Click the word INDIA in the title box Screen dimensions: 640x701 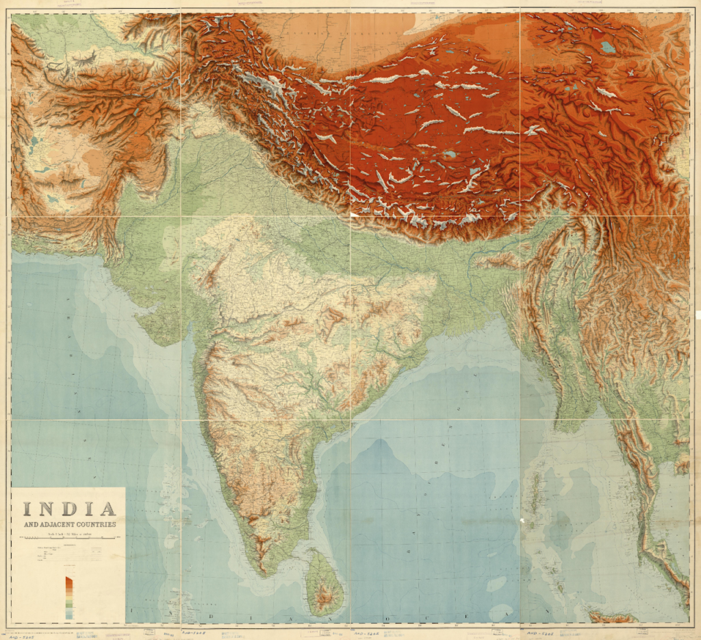68,508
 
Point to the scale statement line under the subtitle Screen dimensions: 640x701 68,533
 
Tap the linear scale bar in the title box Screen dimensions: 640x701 68,540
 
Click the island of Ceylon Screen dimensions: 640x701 324,582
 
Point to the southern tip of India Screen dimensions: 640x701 262,572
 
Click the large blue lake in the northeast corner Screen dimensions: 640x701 607,47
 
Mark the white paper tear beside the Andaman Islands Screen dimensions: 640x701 522,522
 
